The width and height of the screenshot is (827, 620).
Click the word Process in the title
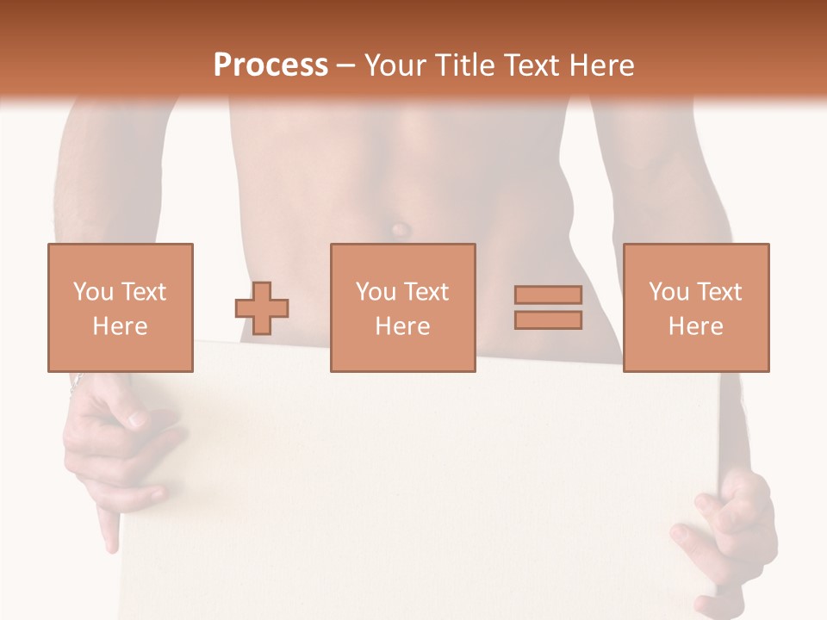tap(270, 65)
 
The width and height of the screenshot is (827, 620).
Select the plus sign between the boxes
tap(262, 307)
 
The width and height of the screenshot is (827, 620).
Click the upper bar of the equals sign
tap(548, 295)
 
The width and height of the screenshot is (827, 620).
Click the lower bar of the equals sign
tap(548, 320)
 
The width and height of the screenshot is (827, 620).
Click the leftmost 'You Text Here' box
tap(120, 307)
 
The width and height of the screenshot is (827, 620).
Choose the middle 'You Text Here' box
tap(402, 307)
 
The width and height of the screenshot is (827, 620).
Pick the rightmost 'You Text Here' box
tap(695, 307)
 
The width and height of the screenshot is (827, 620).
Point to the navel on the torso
tap(400, 230)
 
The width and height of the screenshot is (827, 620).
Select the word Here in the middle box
tap(402, 326)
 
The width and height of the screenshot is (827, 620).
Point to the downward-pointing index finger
tap(109, 529)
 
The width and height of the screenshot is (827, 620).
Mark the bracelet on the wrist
tap(77, 380)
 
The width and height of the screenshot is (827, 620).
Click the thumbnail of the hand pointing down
tap(137, 419)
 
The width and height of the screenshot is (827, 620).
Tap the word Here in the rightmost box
tap(695, 326)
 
